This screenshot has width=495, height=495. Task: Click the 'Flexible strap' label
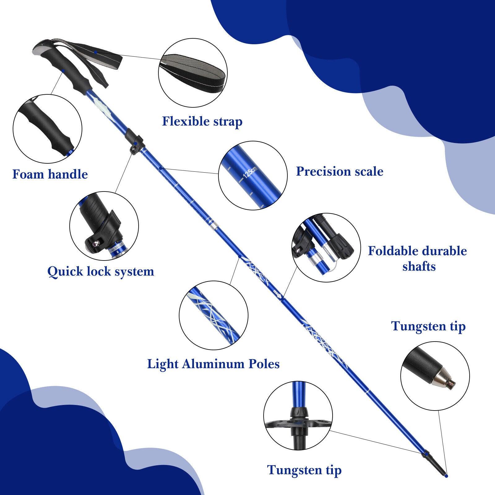(x=202, y=121)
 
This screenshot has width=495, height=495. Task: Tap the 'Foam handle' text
(x=50, y=174)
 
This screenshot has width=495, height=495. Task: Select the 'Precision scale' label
(x=339, y=171)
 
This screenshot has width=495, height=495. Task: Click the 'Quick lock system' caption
(x=101, y=272)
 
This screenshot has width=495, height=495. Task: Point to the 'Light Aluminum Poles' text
(x=213, y=364)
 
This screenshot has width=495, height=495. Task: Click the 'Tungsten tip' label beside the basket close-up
(x=304, y=470)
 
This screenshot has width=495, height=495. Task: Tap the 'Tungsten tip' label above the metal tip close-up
(x=428, y=326)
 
